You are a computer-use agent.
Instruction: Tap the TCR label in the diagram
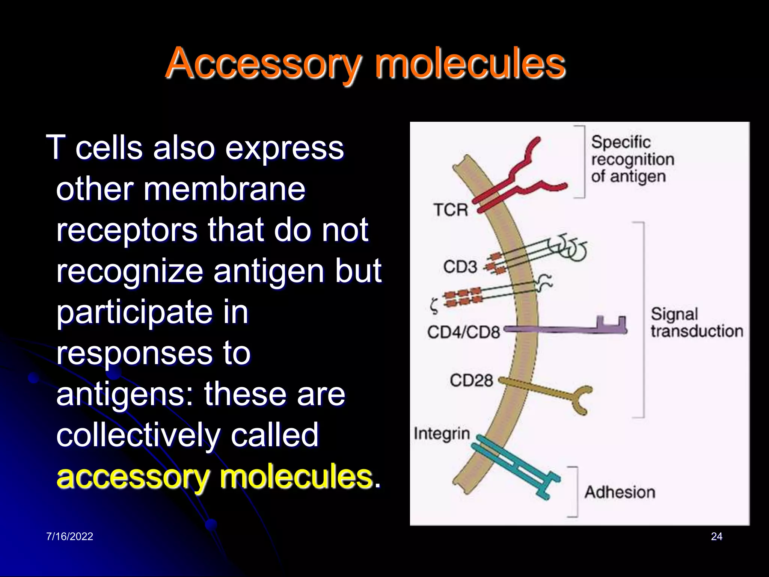451,210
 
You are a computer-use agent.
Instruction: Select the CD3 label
460,267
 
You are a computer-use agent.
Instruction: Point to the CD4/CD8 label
463,332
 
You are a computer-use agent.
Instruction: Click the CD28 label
471,380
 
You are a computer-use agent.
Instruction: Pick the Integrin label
442,434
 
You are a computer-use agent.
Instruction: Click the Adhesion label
620,492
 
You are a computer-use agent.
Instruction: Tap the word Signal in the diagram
674,314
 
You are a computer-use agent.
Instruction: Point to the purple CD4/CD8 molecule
563,329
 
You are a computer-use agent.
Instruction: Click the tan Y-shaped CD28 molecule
548,393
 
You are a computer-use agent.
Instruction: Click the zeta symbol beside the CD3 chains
434,306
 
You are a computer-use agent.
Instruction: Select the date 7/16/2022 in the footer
69,536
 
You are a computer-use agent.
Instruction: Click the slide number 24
716,536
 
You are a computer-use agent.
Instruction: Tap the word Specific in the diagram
621,142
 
